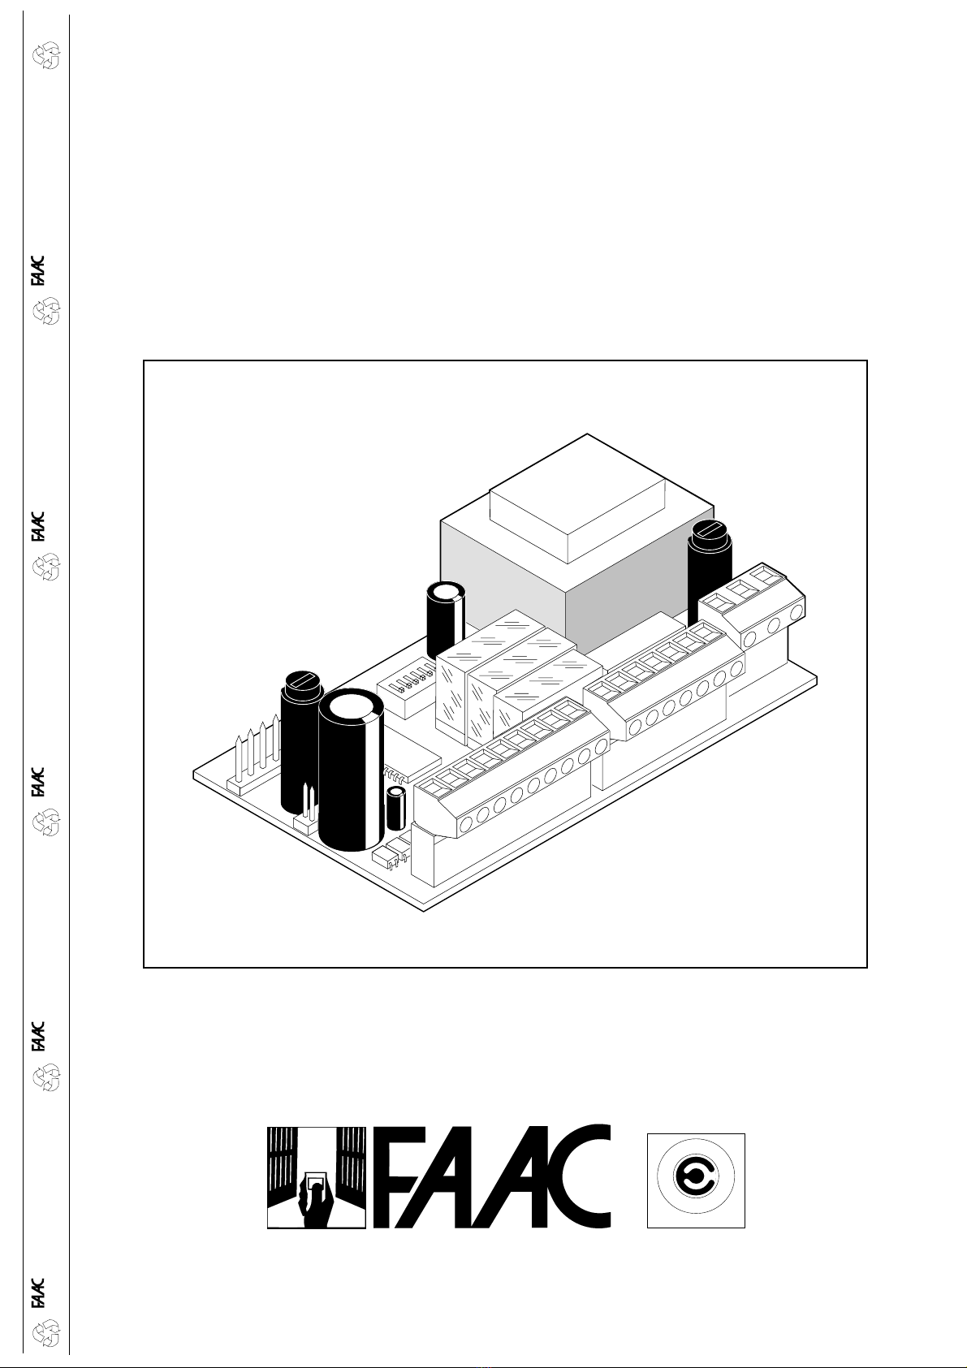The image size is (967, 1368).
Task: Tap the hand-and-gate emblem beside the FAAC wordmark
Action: point(317,1178)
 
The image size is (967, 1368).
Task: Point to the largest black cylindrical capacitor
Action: point(352,770)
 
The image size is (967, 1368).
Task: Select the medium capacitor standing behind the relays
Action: point(446,618)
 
